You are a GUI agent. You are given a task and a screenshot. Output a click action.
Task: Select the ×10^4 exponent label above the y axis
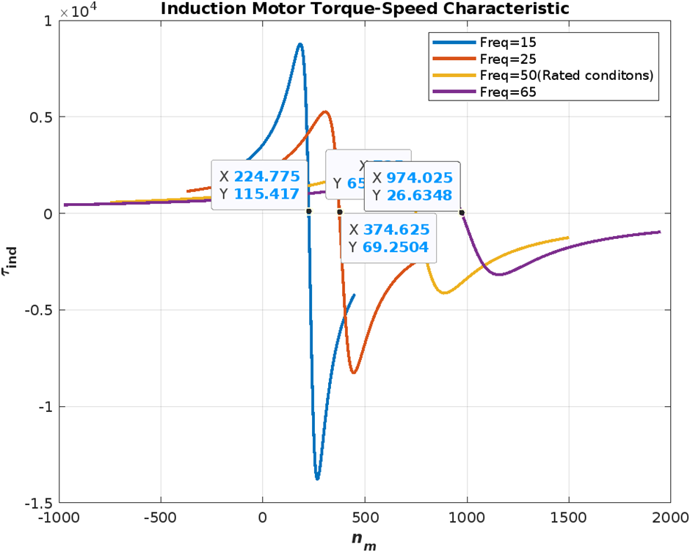pos(74,11)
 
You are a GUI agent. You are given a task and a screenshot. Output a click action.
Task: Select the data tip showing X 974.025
pos(412,186)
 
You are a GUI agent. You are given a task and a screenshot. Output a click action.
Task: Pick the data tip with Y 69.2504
pos(389,238)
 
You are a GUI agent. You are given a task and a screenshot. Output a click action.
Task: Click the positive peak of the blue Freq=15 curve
pos(299,44)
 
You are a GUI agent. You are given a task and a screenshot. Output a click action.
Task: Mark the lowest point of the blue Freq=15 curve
pos(317,479)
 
